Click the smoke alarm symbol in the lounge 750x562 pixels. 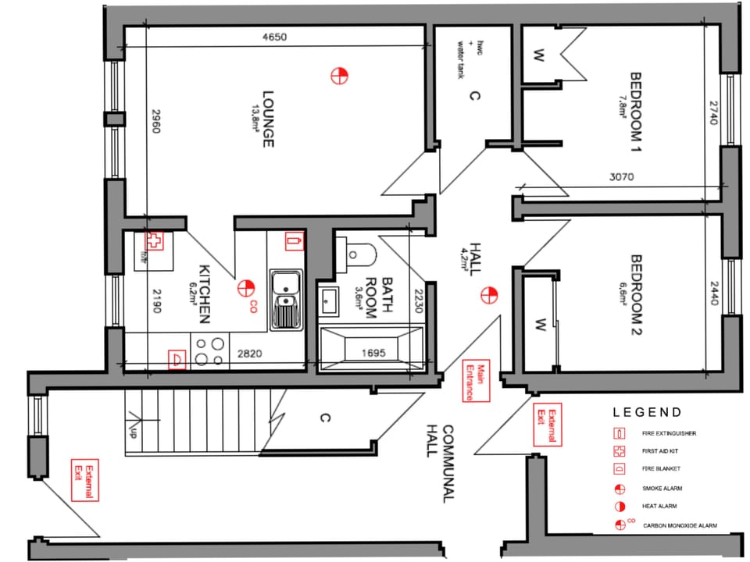tap(339, 76)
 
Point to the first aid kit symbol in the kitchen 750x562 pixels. tap(155, 241)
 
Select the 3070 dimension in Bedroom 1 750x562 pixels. tap(621, 177)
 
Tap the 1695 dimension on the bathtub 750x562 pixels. tap(373, 354)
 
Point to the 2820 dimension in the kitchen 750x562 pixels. tap(249, 354)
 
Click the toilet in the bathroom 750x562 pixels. tap(360, 252)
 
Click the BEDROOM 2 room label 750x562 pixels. tap(636, 295)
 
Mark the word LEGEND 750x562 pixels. tap(647, 412)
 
